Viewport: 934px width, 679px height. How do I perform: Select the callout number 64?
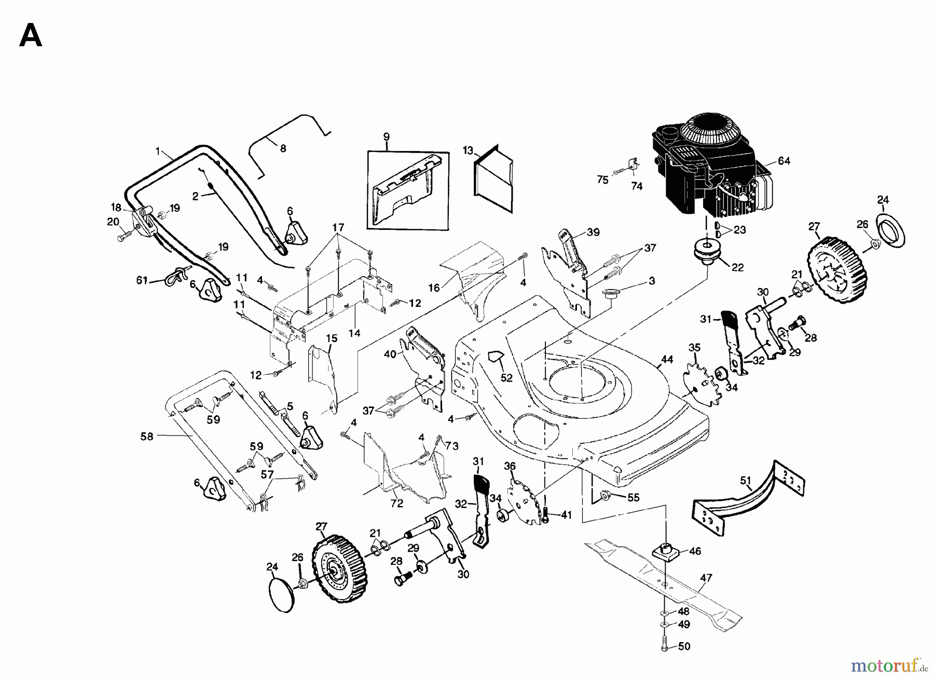pyautogui.click(x=784, y=161)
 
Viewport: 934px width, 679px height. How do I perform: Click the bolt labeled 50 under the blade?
pyautogui.click(x=665, y=646)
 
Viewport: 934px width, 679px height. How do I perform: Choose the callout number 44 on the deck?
pyautogui.click(x=667, y=359)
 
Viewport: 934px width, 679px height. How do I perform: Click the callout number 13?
pyautogui.click(x=468, y=151)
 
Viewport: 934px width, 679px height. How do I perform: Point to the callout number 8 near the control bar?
pyautogui.click(x=283, y=148)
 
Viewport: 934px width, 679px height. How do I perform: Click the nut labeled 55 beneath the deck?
pyautogui.click(x=605, y=496)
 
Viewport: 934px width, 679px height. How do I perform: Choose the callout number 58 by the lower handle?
pyautogui.click(x=147, y=437)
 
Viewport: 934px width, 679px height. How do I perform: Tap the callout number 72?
pyautogui.click(x=397, y=504)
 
